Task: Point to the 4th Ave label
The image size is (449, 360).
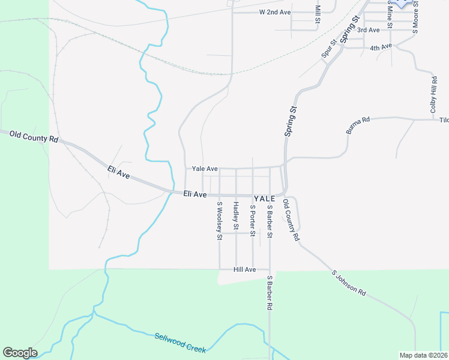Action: coord(381,47)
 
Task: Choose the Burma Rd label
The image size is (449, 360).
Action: coord(358,125)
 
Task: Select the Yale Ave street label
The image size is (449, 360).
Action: coord(205,169)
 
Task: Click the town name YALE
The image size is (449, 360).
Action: coord(264,198)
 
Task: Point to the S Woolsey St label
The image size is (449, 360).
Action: coord(219,221)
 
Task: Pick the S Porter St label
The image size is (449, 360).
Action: coord(253,220)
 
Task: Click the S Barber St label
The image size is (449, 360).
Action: coord(270,220)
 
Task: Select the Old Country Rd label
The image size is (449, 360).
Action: coord(291,220)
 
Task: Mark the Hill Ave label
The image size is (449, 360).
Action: coord(245,270)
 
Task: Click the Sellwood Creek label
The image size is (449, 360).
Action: coord(180,343)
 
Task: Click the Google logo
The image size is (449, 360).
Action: coord(20,353)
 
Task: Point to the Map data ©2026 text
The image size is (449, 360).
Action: coord(423,355)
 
